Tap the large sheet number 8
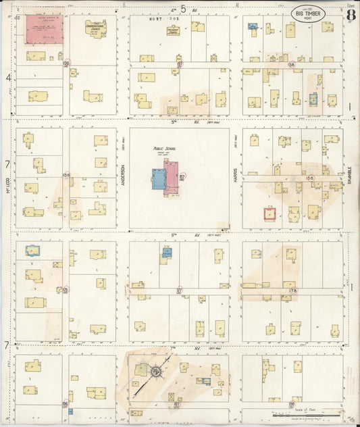click(350, 14)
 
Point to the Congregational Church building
click(96, 30)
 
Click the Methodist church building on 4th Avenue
click(174, 30)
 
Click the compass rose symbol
click(155, 372)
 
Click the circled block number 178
click(292, 291)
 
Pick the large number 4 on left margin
click(8, 78)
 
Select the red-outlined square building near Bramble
click(271, 215)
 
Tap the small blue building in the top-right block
click(253, 26)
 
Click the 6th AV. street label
click(178, 235)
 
